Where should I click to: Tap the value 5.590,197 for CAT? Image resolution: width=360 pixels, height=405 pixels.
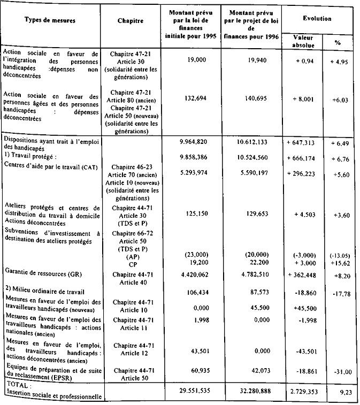click(249, 168)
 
